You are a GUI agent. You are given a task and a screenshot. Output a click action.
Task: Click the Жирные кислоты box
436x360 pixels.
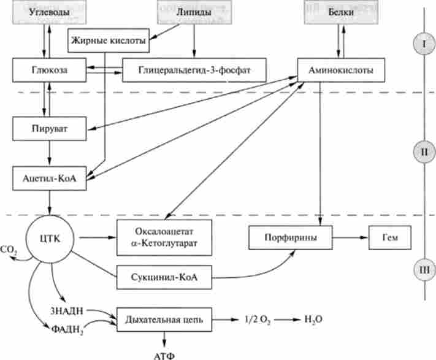coord(108,41)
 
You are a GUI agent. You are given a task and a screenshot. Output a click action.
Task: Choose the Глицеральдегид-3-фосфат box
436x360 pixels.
coord(194,71)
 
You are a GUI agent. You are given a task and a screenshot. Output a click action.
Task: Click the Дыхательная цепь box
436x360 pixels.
coord(163,320)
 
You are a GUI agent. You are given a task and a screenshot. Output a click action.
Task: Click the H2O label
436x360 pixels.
coord(312,320)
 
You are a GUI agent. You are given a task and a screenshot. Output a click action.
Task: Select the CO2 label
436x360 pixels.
coord(9,250)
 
